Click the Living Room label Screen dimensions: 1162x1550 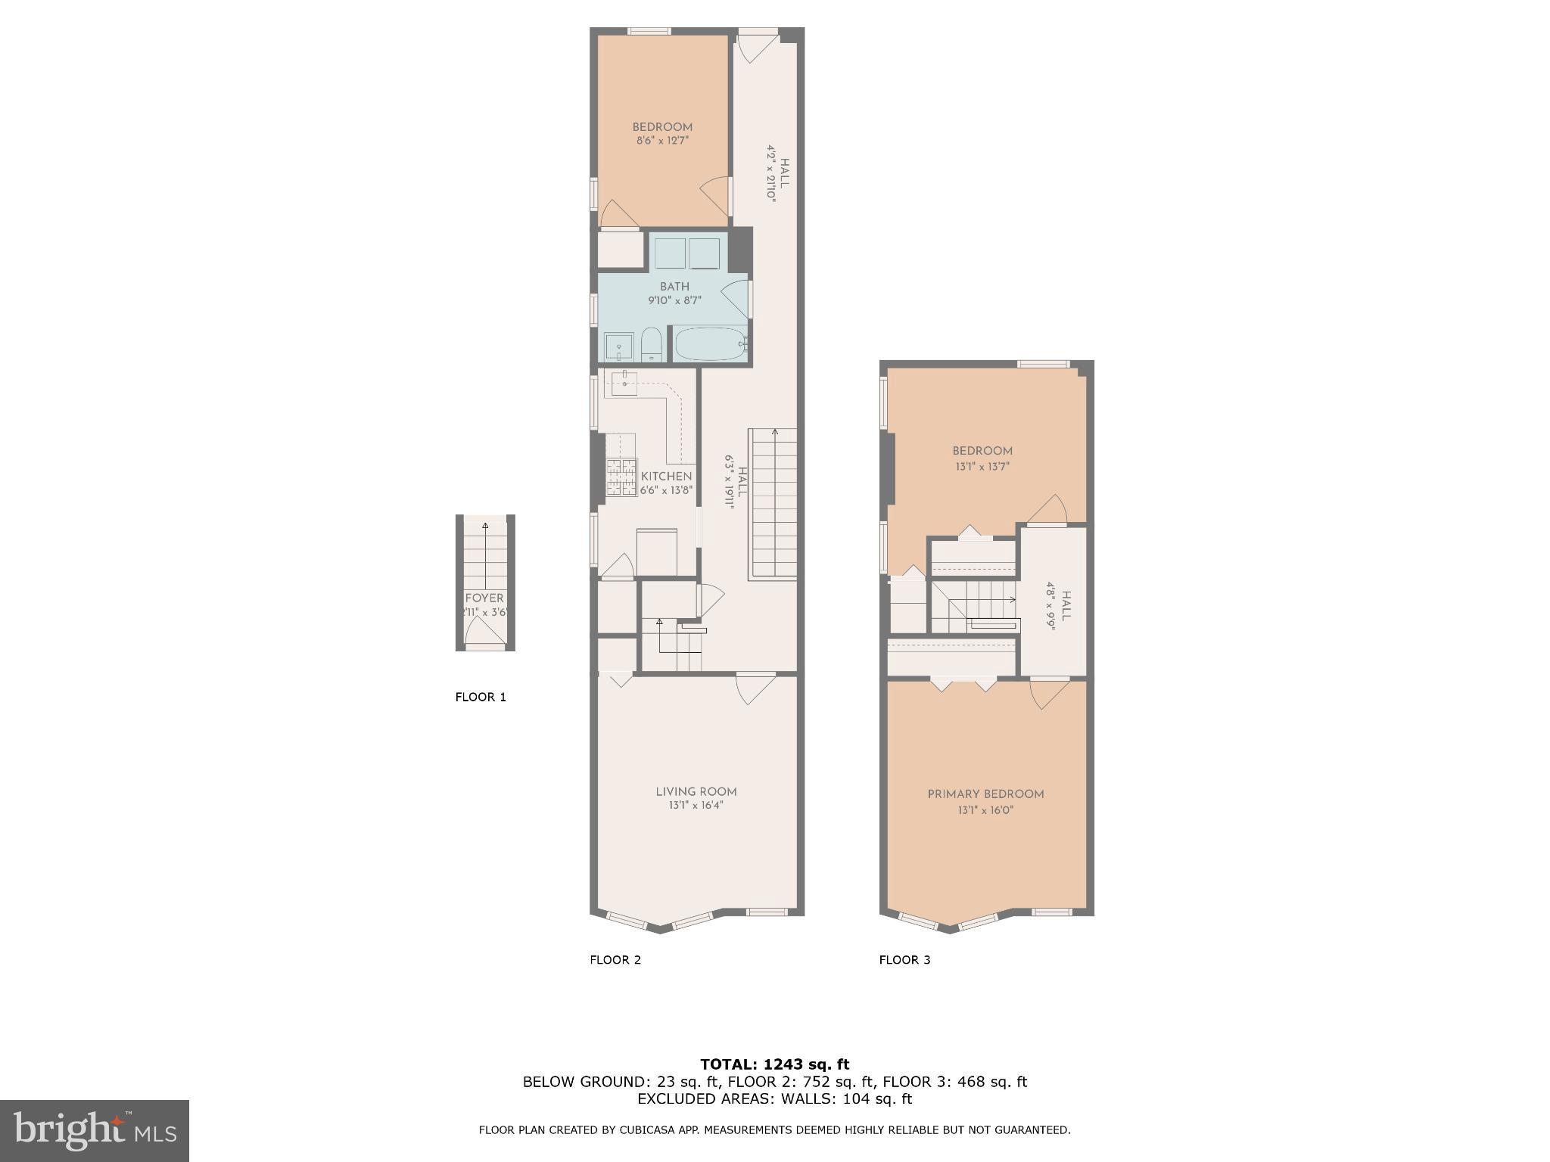pos(696,791)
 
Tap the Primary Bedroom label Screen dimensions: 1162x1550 pos(985,794)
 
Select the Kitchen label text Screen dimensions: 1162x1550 pos(666,477)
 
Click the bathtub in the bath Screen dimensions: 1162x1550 pos(710,344)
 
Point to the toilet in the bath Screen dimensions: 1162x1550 pos(652,346)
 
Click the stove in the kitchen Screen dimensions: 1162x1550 pos(621,477)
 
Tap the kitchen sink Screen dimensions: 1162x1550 pos(624,383)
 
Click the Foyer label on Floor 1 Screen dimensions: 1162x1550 pos(484,598)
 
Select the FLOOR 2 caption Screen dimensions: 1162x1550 pos(615,960)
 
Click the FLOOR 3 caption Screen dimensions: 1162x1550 pos(904,960)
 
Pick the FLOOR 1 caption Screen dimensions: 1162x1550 pos(481,697)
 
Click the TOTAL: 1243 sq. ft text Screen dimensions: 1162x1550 pos(774,1064)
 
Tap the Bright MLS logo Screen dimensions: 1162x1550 pos(94,1130)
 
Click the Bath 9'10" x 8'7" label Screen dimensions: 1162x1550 pos(674,293)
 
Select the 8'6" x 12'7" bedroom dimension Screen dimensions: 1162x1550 pos(662,140)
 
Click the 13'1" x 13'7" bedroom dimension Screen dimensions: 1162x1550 pos(982,467)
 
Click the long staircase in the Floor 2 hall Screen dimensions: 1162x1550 pos(773,505)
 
